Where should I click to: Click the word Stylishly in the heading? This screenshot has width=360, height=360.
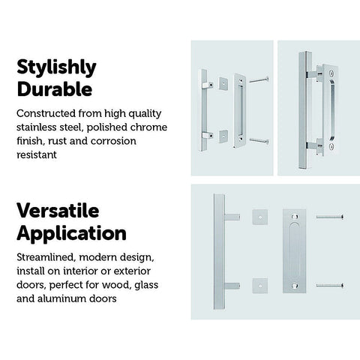pos(56,67)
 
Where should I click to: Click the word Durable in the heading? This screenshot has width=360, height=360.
pos(55,89)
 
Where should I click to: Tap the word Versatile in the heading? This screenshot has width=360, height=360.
pos(58,211)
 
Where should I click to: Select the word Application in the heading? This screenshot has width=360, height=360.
pos(71,234)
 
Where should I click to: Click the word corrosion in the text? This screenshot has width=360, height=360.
pos(113,141)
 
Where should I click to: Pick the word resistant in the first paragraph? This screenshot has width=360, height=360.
pos(37,154)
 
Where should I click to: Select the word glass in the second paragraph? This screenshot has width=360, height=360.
pos(146,285)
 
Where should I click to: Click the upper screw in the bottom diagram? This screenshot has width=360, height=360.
pos(329,217)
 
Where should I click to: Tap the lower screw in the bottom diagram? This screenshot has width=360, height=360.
pos(329,285)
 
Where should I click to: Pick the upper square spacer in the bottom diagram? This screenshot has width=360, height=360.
pos(260,217)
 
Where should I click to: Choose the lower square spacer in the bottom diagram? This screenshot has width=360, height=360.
pos(260,286)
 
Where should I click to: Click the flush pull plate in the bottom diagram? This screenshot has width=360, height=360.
pos(295,251)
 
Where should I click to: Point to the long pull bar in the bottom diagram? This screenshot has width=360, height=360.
pos(220,251)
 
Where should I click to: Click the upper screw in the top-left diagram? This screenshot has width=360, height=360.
pos(259,80)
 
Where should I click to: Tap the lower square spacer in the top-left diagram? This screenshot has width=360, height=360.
pos(223,136)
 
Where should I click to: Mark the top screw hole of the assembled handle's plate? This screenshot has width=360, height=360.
pos(331,73)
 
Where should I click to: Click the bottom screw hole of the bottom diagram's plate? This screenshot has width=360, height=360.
pos(295,285)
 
